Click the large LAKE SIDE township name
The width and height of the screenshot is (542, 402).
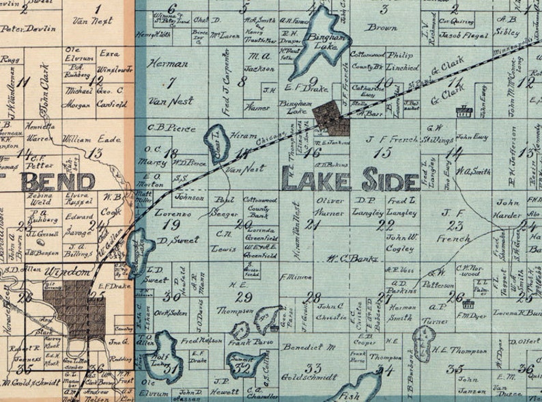(x=350, y=180)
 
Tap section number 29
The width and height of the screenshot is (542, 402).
(x=242, y=296)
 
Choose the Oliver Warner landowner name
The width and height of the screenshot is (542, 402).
(x=331, y=206)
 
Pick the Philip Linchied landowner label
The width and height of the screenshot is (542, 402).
(x=403, y=62)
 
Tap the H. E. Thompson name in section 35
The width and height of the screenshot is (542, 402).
(x=459, y=351)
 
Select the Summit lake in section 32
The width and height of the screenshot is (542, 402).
(x=242, y=364)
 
